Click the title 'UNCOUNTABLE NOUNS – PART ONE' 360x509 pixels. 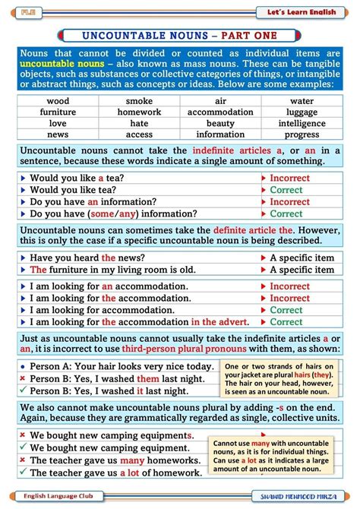pyautogui.click(x=179, y=36)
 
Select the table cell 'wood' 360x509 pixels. pyautogui.click(x=58, y=101)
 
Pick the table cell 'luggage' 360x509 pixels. pyautogui.click(x=302, y=112)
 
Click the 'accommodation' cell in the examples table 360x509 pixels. pyautogui.click(x=220, y=112)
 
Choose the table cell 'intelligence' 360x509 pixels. pyautogui.click(x=302, y=124)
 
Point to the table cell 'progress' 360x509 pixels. pyautogui.click(x=302, y=135)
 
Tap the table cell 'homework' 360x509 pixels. pyautogui.click(x=139, y=112)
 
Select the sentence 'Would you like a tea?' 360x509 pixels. pyautogui.click(x=77, y=178)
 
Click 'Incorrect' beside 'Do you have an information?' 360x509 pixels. pyautogui.click(x=289, y=202)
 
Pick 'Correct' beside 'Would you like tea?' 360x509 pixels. pyautogui.click(x=286, y=190)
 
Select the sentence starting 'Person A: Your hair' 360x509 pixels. pyautogui.click(x=122, y=366)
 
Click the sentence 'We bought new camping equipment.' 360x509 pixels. pyautogui.click(x=109, y=448)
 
